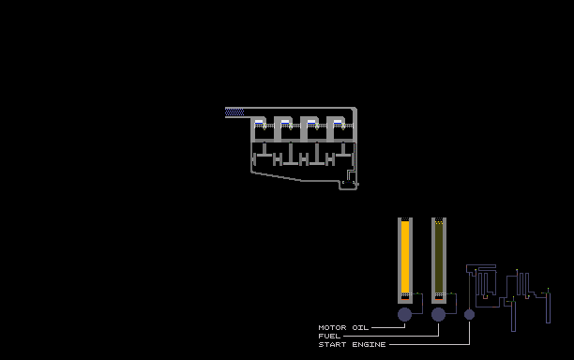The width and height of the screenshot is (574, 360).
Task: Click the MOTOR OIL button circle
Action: [404, 315]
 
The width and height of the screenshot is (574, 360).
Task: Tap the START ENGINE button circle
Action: [469, 314]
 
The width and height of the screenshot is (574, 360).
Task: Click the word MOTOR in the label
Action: [332, 327]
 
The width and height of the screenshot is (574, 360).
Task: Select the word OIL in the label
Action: [360, 327]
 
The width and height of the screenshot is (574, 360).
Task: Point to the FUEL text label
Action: [329, 336]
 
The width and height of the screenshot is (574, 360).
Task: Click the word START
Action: [332, 344]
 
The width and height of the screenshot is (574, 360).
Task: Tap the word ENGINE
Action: [369, 344]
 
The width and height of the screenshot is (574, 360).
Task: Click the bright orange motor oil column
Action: [405, 257]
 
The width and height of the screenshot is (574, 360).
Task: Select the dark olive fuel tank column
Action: [439, 259]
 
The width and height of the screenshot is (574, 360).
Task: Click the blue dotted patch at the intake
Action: [234, 112]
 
